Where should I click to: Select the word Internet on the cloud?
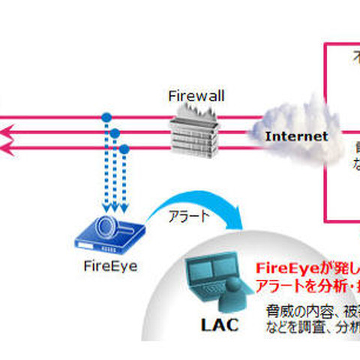[x=297, y=136]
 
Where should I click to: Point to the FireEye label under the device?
[x=109, y=264]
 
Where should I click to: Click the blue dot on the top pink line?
[x=106, y=118]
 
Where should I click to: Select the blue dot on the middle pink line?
[x=114, y=133]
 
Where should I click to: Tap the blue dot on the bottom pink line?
[x=121, y=148]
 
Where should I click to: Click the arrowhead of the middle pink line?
[x=6, y=133]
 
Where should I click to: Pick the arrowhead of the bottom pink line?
[x=6, y=148]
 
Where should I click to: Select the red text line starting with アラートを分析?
[x=307, y=286]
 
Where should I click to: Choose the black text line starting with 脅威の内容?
[x=312, y=310]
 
